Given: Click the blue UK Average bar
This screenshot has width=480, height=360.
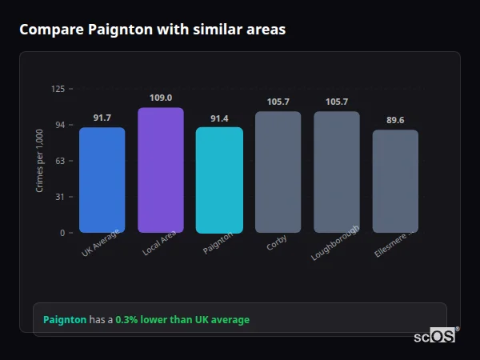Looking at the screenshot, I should (x=102, y=180).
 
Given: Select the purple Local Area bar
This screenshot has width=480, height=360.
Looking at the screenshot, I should (x=161, y=170).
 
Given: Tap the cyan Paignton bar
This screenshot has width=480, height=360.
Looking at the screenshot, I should (x=219, y=180).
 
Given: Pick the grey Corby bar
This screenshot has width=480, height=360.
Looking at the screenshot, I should (x=278, y=172).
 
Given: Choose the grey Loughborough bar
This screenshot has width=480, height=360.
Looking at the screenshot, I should (x=337, y=172).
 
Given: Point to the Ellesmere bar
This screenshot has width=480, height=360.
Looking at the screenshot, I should (x=395, y=181).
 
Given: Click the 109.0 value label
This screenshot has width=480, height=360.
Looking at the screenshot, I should (x=161, y=98).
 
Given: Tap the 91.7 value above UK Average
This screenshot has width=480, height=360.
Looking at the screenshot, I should (x=102, y=118).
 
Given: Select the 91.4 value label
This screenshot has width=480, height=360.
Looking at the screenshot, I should (x=219, y=118).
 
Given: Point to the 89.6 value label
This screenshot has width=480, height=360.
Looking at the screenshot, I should (x=395, y=120).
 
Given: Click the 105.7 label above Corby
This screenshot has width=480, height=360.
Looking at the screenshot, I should (x=278, y=102).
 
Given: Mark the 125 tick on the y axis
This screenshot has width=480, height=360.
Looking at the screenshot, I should (x=58, y=89).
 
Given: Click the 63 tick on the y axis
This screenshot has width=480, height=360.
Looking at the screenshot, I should (x=60, y=161).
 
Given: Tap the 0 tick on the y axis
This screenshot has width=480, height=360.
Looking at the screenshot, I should (x=62, y=233).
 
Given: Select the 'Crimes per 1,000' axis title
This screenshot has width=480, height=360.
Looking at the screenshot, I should (x=40, y=161).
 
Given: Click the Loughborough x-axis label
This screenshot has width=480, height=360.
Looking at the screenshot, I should (x=336, y=243).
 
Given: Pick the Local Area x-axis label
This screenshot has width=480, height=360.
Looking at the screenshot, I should (x=159, y=244).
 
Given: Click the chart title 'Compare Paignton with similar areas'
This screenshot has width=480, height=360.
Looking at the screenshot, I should (x=152, y=30).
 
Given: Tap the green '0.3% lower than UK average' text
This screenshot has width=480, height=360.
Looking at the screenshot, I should (x=182, y=320).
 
